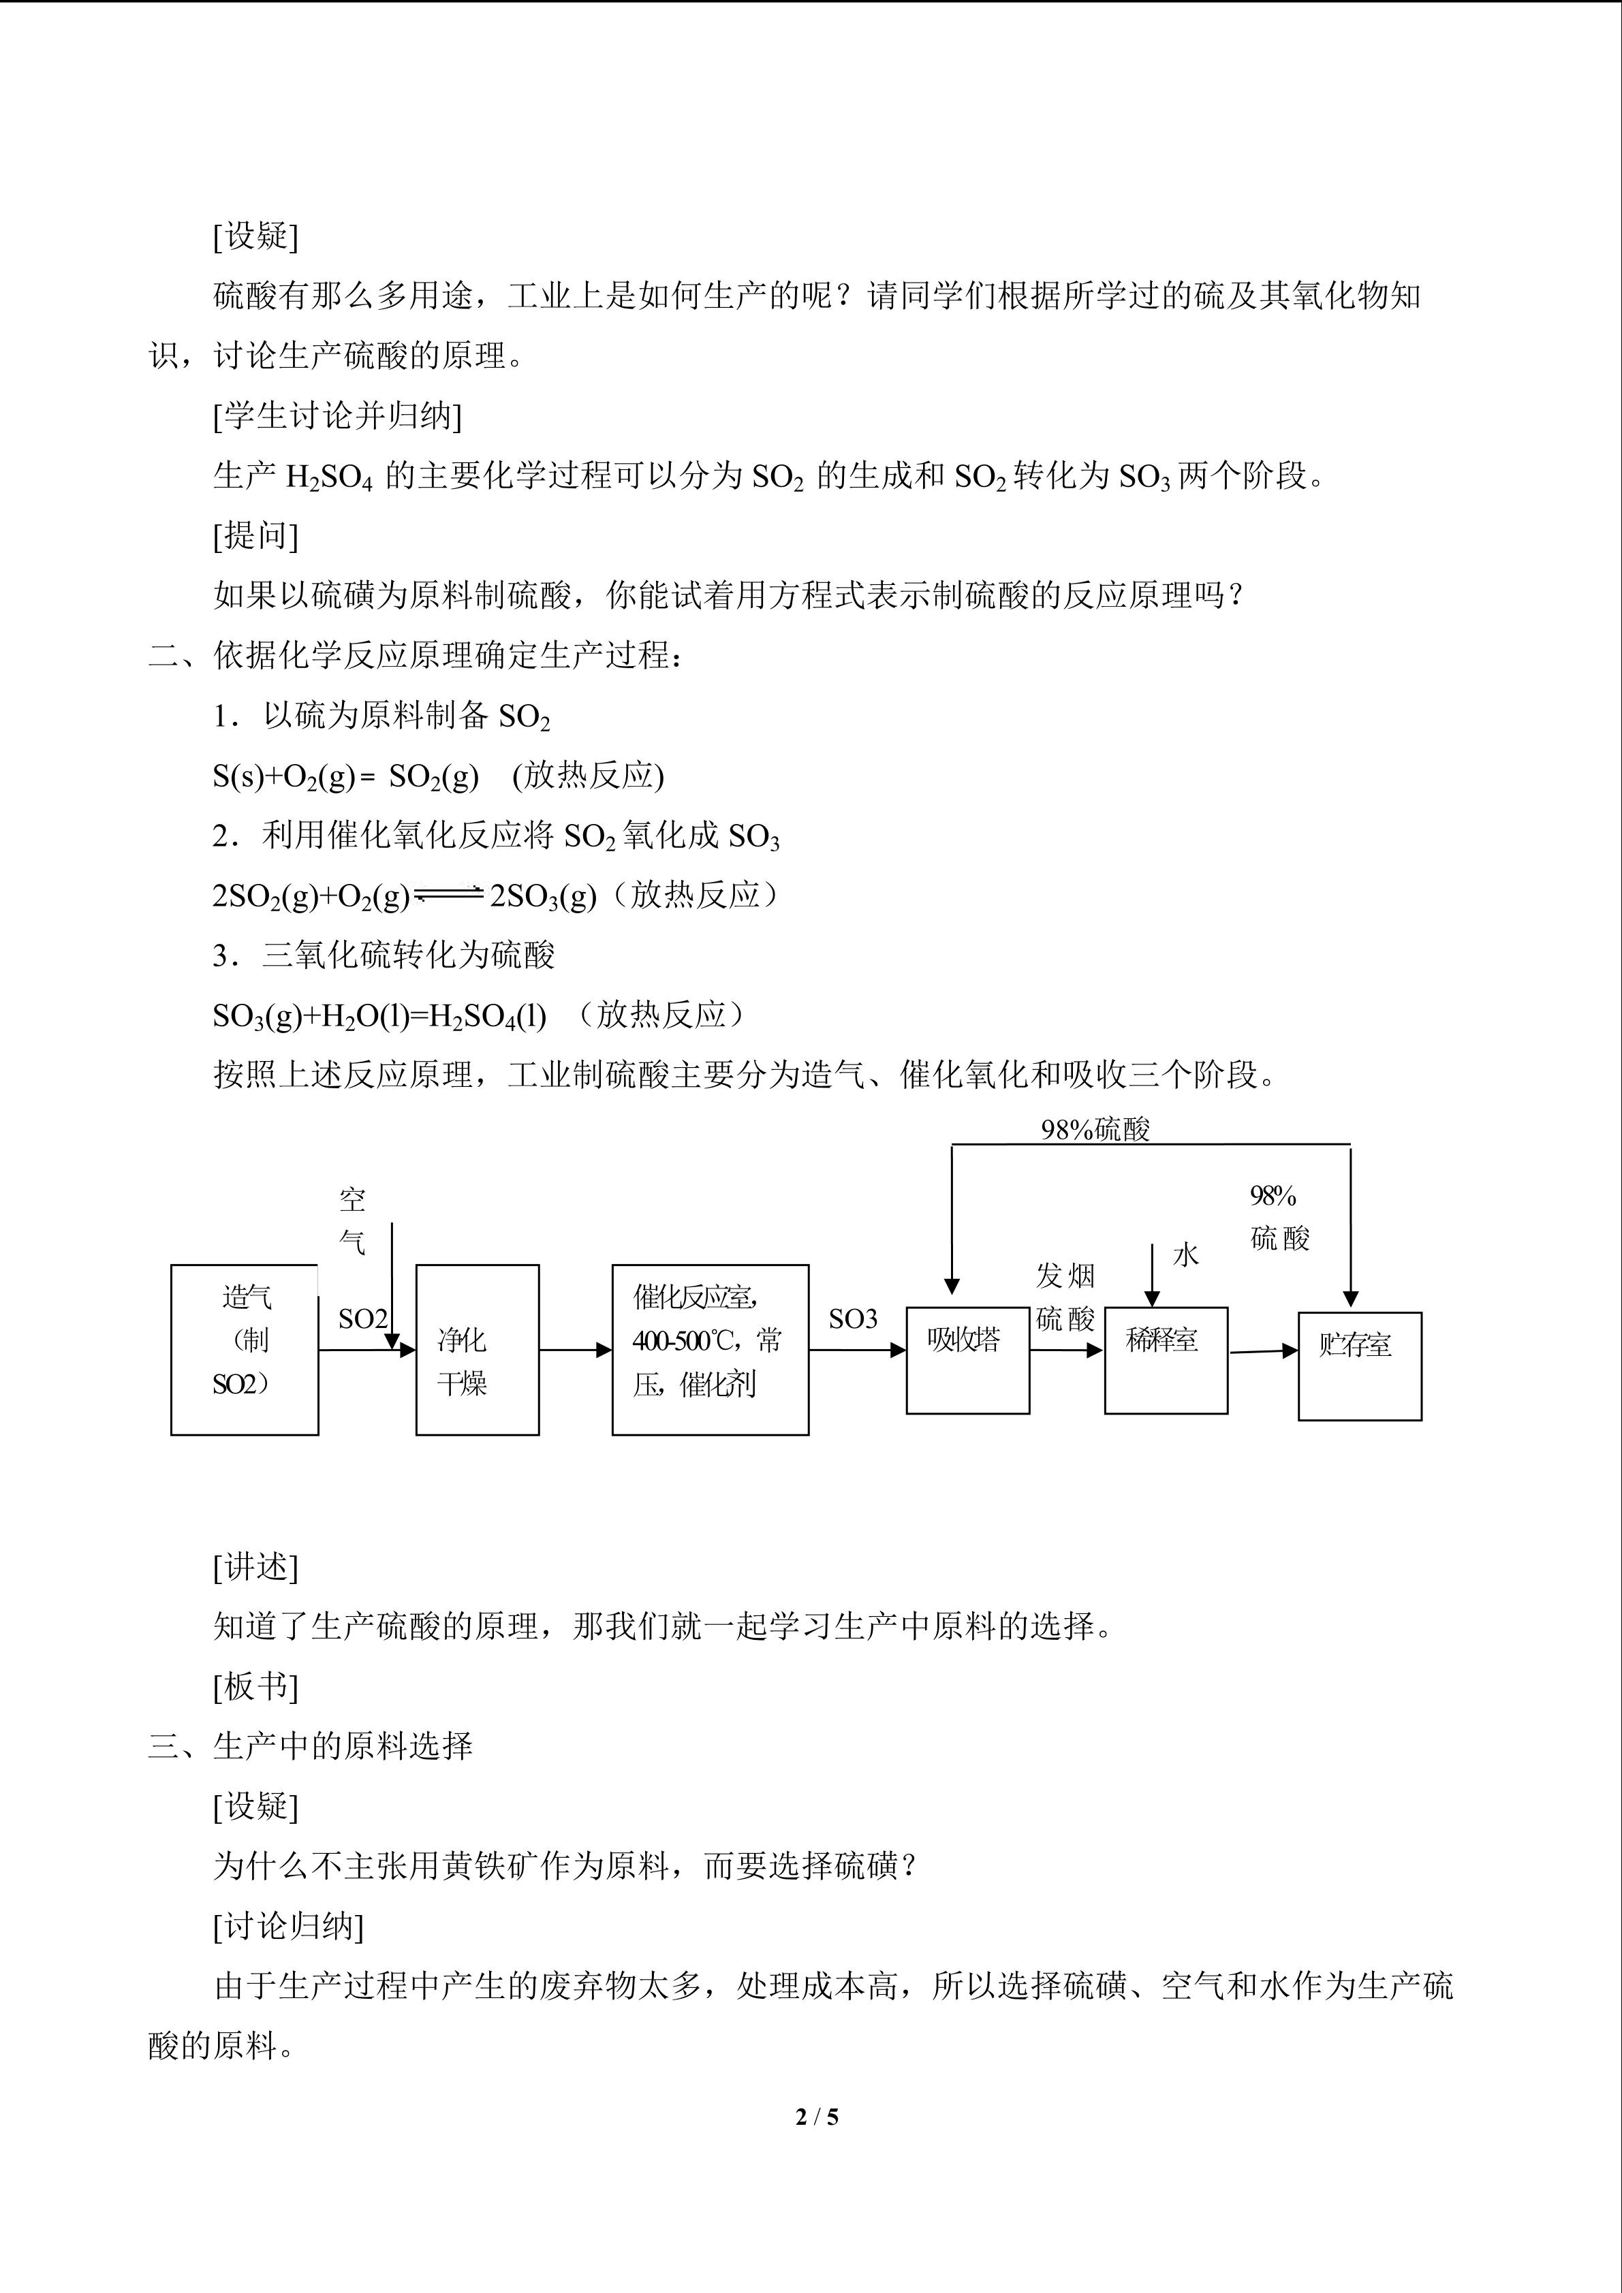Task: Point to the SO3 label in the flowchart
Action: (x=852, y=1319)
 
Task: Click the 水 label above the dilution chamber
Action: (x=1185, y=1255)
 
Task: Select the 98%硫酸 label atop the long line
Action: (x=1095, y=1130)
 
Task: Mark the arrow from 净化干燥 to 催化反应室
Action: (x=575, y=1350)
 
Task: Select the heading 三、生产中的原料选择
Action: (x=311, y=1745)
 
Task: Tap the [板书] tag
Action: (x=255, y=1686)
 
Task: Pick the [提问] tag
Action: (x=255, y=535)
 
